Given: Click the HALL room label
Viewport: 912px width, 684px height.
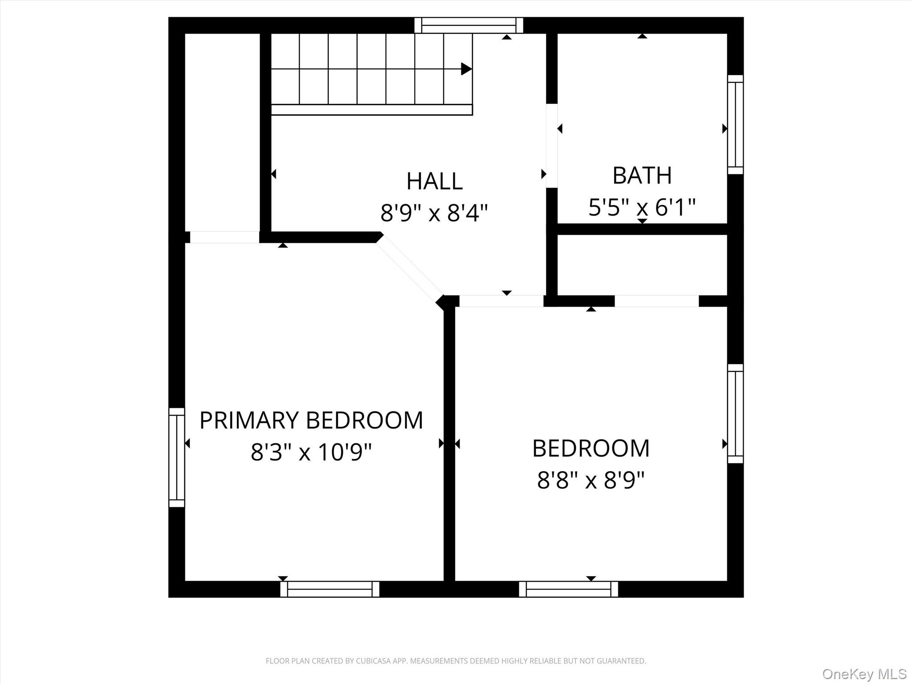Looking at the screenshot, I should point(434,181).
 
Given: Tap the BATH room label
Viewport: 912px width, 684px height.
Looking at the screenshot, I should point(642,175).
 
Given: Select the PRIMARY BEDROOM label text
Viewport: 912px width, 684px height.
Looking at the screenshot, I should point(311,420).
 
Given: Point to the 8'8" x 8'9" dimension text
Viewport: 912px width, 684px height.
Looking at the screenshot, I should point(590,480).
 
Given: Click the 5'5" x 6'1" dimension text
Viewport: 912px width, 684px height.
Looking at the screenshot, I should point(642,208).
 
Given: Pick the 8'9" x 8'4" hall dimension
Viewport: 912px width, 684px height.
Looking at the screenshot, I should point(434,213).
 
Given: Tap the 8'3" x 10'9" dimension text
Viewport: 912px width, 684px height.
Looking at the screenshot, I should point(311,452).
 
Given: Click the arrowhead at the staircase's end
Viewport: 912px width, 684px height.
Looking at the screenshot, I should point(466,69).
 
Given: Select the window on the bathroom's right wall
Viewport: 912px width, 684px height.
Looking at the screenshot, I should point(735,125).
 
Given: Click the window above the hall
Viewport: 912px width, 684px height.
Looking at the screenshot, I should point(468,25).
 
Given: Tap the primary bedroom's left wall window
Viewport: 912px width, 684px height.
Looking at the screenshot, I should point(177,457).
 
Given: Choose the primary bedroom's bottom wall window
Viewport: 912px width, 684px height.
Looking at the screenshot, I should point(330,589).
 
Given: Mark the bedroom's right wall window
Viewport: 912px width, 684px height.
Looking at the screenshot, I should point(735,414).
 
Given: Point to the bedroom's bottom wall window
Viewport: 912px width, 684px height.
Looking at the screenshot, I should point(568,589).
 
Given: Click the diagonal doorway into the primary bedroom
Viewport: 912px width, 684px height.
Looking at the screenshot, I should point(410,269).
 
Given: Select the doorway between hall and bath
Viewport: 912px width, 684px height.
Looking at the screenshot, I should point(552,146).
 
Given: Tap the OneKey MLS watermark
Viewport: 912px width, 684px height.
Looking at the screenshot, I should point(864,674).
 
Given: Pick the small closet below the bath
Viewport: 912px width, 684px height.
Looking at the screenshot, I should point(642,265).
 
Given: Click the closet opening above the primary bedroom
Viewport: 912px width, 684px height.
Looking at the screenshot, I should point(224,237).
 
